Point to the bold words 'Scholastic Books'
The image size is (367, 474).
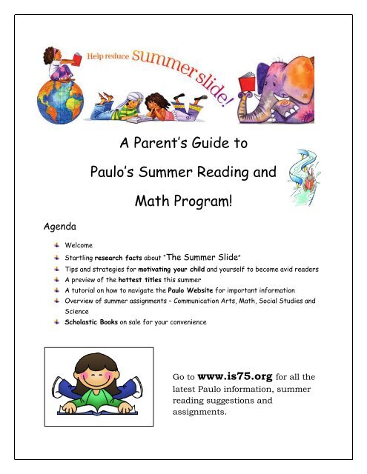point(93,323)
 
